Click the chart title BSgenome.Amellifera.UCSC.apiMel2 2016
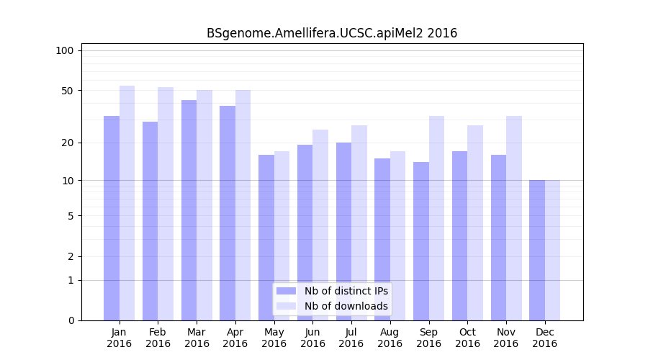[x=332, y=33]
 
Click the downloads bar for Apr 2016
[x=243, y=205]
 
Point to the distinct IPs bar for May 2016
[x=266, y=238]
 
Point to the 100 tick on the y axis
[x=65, y=50]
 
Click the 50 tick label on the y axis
[x=68, y=91]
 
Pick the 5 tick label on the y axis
[x=71, y=216]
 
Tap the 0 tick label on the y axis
[x=71, y=320]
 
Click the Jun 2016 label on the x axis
[x=312, y=338]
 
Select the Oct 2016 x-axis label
[x=467, y=338]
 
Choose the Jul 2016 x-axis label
[x=351, y=338]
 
